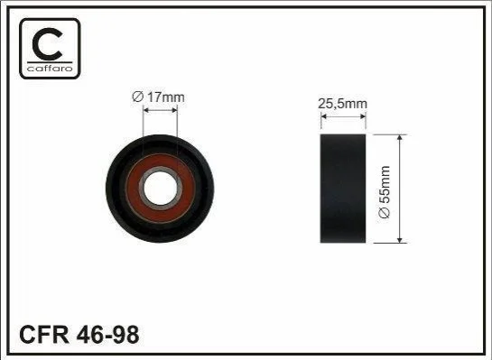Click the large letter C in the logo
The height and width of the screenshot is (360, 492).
[x=37, y=44]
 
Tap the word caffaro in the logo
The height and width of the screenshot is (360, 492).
[x=50, y=68]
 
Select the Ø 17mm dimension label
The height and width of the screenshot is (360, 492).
[x=159, y=97]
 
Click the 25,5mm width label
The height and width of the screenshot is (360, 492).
[x=342, y=104]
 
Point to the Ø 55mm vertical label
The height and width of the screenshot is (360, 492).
[x=385, y=191]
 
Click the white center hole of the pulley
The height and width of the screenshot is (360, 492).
[x=160, y=189]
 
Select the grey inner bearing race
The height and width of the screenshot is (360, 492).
[x=141, y=189]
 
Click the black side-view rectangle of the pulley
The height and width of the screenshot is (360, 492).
[x=343, y=189]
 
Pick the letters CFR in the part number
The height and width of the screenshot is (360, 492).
[x=44, y=335]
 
